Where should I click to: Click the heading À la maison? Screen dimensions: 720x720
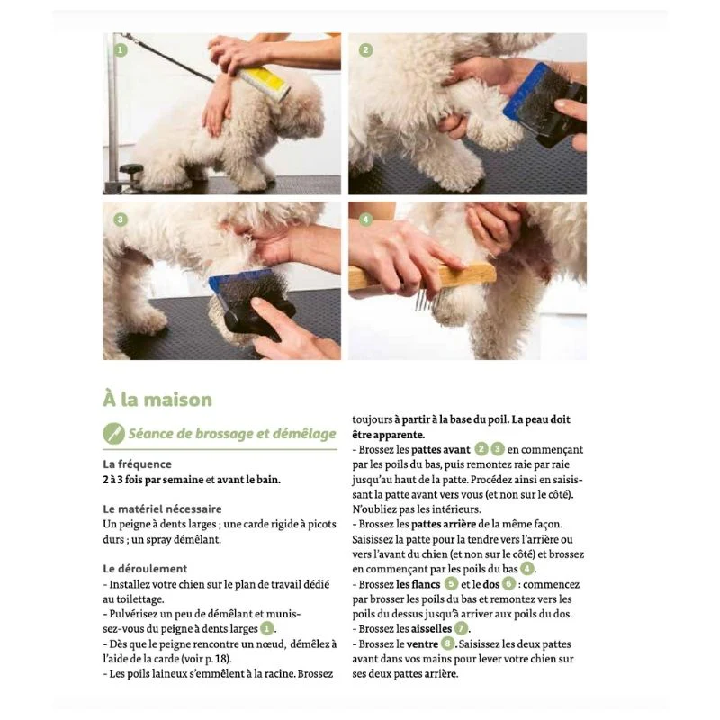pyautogui.click(x=157, y=400)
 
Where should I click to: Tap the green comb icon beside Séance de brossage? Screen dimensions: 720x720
pyautogui.click(x=114, y=434)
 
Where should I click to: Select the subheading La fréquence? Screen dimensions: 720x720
pyautogui.click(x=138, y=464)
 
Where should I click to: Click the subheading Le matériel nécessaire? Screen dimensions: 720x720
pyautogui.click(x=162, y=508)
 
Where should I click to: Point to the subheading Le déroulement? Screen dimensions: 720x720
pyautogui.click(x=145, y=569)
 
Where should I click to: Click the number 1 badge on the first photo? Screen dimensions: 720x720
pyautogui.click(x=121, y=50)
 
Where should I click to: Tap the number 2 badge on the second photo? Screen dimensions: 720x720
pyautogui.click(x=365, y=50)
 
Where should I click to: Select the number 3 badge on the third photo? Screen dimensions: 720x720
pyautogui.click(x=121, y=220)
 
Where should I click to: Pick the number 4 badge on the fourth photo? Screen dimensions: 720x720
pyautogui.click(x=365, y=220)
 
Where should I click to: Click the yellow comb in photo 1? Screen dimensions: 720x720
pyautogui.click(x=263, y=83)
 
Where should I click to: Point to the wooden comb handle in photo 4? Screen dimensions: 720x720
pyautogui.click(x=422, y=277)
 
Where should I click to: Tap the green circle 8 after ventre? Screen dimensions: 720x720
pyautogui.click(x=447, y=643)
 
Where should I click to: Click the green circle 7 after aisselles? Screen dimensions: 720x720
pyautogui.click(x=461, y=628)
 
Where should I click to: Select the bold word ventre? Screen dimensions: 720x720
pyautogui.click(x=422, y=644)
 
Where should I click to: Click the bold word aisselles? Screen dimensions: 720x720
pyautogui.click(x=431, y=628)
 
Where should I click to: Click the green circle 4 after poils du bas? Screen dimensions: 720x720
pyautogui.click(x=527, y=569)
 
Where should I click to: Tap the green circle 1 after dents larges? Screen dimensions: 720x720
pyautogui.click(x=266, y=628)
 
